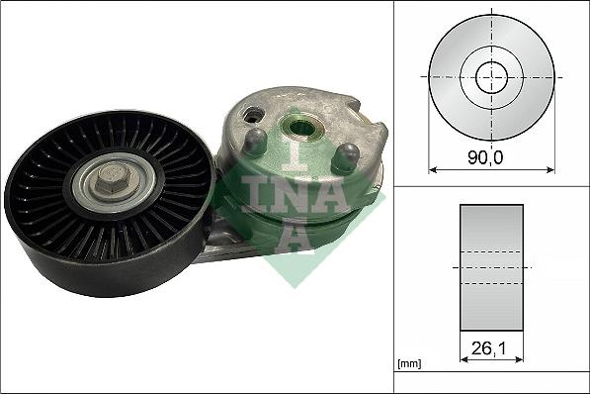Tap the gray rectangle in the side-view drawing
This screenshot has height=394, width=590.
[491, 267]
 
